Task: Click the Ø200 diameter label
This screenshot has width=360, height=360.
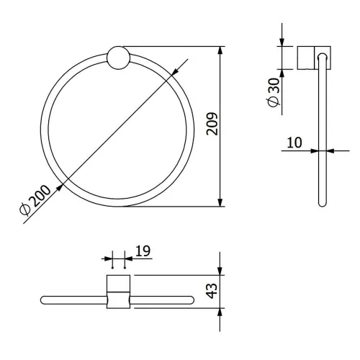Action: tap(35, 199)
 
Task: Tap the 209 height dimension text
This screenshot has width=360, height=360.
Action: tap(212, 124)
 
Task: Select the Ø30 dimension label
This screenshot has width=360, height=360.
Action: tap(274, 92)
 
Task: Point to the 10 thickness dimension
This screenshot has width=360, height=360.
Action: tap(294, 143)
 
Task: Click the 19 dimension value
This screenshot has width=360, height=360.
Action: tap(143, 251)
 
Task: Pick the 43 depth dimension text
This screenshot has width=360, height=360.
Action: tap(212, 291)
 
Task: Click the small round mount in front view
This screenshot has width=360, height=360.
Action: tap(118, 58)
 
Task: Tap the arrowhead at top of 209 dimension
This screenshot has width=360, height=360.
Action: tap(220, 51)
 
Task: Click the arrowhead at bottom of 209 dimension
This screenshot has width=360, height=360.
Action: tap(220, 202)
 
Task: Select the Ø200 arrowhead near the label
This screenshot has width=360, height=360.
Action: tap(60, 188)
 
